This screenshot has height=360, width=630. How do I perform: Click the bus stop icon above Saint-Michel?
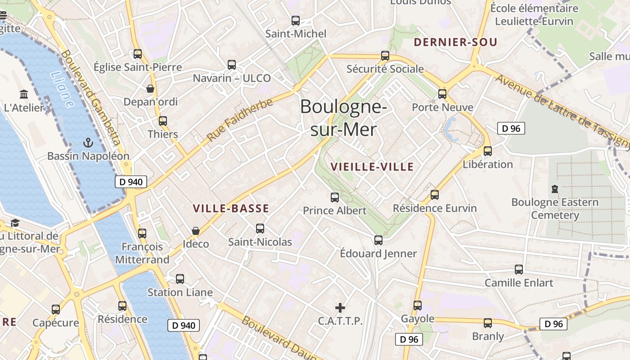tap(296, 21)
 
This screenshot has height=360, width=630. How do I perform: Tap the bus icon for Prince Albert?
tap(335, 197)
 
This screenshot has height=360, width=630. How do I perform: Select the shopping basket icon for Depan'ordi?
tap(150, 89)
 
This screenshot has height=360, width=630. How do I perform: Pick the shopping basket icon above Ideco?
tap(196, 231)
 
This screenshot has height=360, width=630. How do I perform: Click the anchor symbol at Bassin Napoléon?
tap(88, 143)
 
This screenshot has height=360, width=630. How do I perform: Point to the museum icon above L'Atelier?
tap(24, 94)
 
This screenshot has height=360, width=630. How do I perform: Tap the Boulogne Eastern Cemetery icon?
tap(555, 189)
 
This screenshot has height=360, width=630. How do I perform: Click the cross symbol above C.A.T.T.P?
tap(340, 308)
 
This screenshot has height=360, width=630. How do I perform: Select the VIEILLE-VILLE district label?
tap(372, 167)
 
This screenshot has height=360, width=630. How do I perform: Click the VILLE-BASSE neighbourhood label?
tap(231, 209)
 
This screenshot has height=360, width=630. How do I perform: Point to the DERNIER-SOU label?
tap(455, 43)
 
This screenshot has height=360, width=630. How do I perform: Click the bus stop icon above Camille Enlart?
tap(519, 270)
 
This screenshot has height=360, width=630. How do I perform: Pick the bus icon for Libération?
tap(488, 151)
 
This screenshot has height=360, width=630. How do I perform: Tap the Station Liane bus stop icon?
tap(180, 279)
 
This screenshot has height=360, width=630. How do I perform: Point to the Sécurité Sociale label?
tap(385, 69)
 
